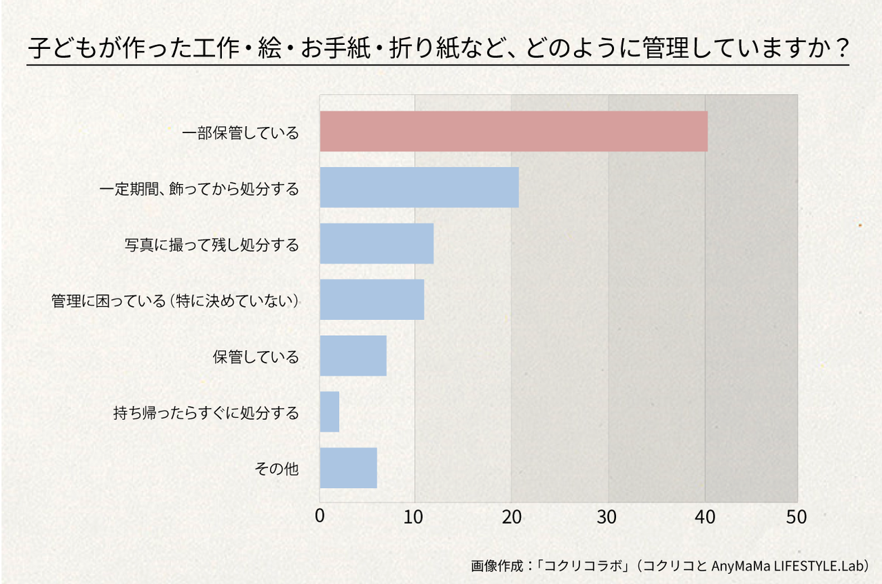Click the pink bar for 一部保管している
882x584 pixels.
coord(513,131)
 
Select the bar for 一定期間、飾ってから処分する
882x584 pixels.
coord(419,188)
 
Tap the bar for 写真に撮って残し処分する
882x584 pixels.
coord(376,243)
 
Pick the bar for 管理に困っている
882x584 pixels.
coord(371,299)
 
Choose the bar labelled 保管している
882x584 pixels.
coord(353,356)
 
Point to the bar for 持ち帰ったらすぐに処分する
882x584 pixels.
coord(329,412)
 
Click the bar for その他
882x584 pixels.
coord(348,467)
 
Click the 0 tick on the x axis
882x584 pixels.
coord(320,516)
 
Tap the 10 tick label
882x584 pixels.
coord(415,516)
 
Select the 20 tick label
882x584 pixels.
coord(511,516)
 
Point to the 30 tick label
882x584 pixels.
coord(608,516)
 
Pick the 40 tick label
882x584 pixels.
coord(705,516)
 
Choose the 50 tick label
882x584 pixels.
coord(797,516)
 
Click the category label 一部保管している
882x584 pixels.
coord(240,132)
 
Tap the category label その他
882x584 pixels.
coord(277,469)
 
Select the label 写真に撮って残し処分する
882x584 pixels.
coord(212,244)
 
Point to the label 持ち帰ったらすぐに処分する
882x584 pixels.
coord(206,413)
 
